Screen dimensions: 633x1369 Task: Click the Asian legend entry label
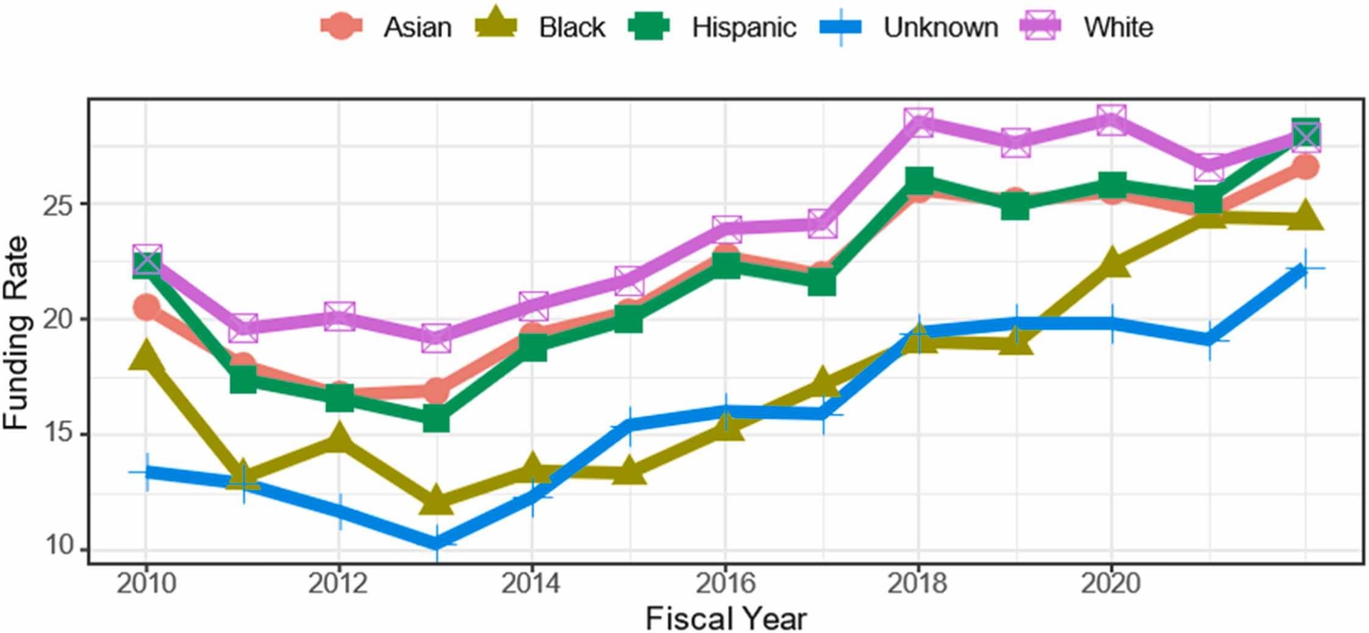click(417, 27)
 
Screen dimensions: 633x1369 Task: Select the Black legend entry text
click(571, 27)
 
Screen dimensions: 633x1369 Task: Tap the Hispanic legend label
click(743, 27)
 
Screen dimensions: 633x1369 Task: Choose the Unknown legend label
click(940, 27)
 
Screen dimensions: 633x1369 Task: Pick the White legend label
click(1118, 27)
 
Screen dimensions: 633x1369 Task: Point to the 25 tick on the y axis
click(57, 204)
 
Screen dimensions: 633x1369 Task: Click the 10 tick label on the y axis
click(57, 544)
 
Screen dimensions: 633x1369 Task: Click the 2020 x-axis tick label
click(1110, 584)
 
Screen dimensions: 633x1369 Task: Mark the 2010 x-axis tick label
click(146, 584)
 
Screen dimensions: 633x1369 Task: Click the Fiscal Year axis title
click(726, 618)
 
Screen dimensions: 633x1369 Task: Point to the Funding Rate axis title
click(16, 333)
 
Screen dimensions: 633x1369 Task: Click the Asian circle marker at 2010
click(146, 306)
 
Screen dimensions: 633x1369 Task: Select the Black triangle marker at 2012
click(339, 438)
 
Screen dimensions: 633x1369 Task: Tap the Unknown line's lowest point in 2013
click(436, 542)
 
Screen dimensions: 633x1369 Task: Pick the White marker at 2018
click(918, 123)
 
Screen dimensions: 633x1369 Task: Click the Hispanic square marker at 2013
click(436, 419)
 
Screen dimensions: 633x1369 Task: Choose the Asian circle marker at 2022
click(1305, 167)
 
